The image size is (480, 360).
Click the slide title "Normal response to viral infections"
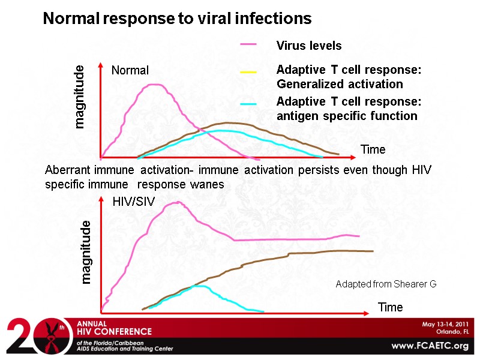(177, 19)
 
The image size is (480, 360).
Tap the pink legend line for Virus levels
(248, 44)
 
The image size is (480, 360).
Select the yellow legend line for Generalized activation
(248, 72)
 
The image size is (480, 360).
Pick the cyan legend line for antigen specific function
(248, 104)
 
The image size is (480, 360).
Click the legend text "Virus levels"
(308, 46)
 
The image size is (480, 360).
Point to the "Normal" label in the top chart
(130, 70)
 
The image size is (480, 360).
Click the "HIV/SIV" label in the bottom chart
(134, 202)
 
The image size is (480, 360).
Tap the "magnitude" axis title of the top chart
(79, 97)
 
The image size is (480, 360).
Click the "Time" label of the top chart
(373, 149)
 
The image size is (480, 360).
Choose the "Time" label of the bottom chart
(390, 307)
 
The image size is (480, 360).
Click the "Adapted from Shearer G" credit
(386, 283)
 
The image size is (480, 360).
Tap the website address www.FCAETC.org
(429, 346)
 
